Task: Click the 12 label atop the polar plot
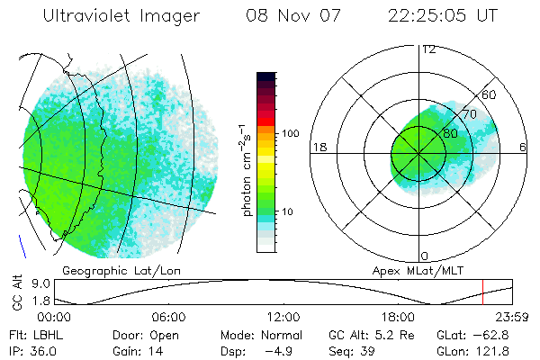tap(428, 49)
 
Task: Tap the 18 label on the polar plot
tap(318, 147)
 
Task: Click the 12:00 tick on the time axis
tap(284, 317)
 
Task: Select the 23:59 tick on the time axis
tap(513, 317)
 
